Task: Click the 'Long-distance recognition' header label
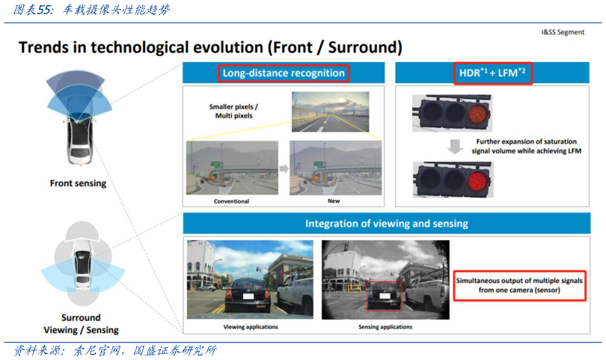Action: pyautogui.click(x=284, y=73)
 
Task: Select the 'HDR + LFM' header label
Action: pyautogui.click(x=492, y=73)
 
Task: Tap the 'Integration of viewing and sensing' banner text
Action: pyautogui.click(x=387, y=224)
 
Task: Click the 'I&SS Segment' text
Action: pyautogui.click(x=563, y=32)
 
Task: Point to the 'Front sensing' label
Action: pyautogui.click(x=78, y=183)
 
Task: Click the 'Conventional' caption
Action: pyautogui.click(x=231, y=201)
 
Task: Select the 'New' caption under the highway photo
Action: pyautogui.click(x=334, y=201)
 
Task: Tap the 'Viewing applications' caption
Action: pyautogui.click(x=251, y=327)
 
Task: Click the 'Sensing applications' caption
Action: pyautogui.click(x=385, y=327)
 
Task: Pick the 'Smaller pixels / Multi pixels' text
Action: pyautogui.click(x=233, y=111)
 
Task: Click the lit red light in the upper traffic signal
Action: pyautogui.click(x=479, y=113)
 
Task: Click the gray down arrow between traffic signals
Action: pyautogui.click(x=455, y=147)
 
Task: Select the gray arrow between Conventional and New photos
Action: pyautogui.click(x=284, y=168)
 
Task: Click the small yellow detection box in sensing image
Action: pyautogui.click(x=355, y=288)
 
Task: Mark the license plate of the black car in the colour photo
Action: pyautogui.click(x=248, y=296)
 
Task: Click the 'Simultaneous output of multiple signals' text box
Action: pyautogui.click(x=519, y=285)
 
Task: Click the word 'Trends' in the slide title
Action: pyautogui.click(x=43, y=48)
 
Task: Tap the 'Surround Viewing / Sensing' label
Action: pyautogui.click(x=81, y=323)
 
